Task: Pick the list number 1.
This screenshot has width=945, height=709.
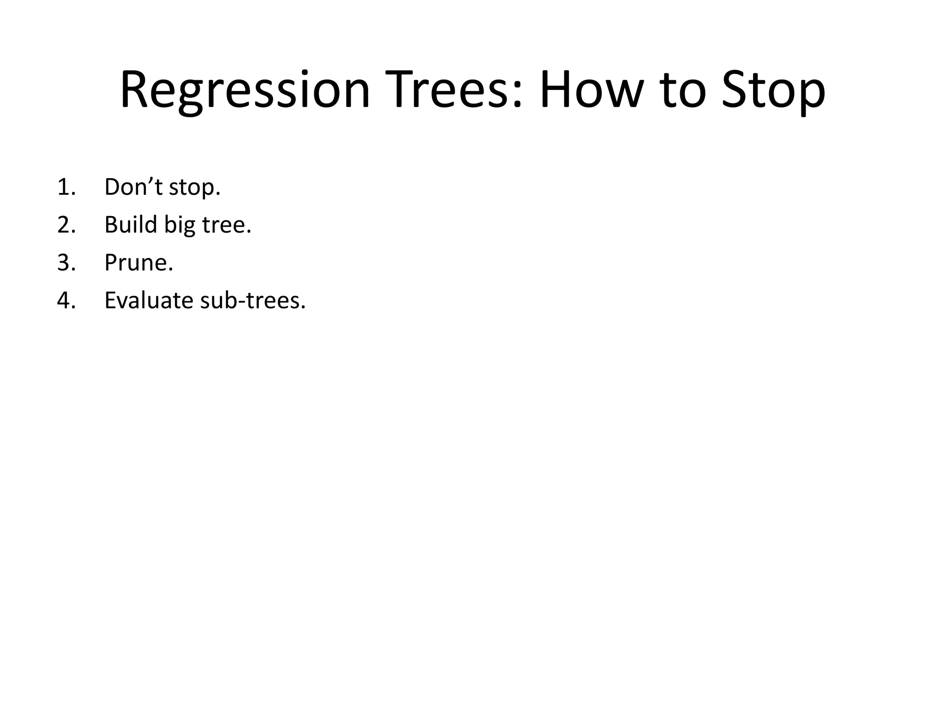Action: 66,187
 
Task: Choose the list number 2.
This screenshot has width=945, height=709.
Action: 66,225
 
